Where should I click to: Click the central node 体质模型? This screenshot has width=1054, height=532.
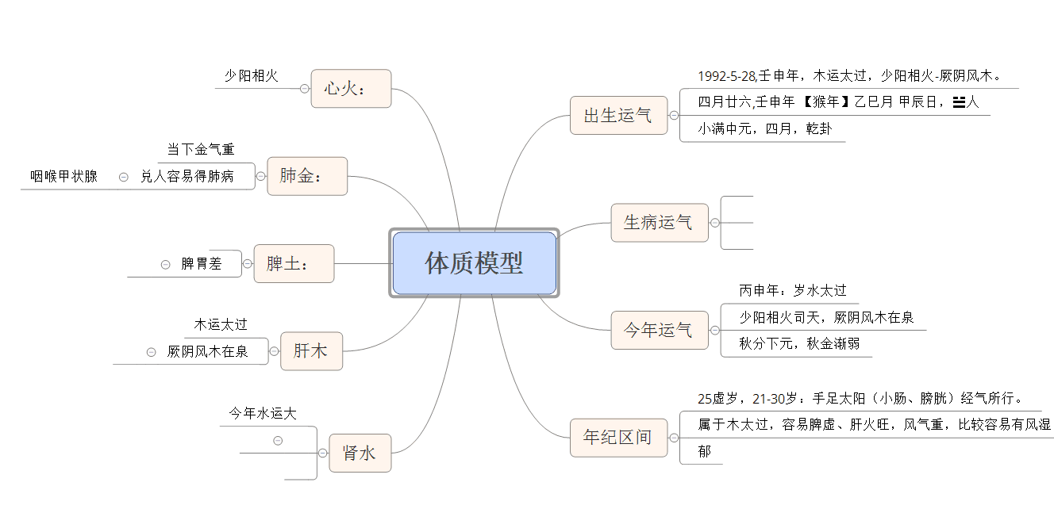(474, 263)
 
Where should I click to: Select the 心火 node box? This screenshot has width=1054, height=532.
(351, 88)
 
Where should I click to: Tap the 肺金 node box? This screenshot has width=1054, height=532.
(307, 176)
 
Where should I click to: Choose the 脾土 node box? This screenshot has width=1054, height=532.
(294, 264)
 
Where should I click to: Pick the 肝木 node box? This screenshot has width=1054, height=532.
(311, 351)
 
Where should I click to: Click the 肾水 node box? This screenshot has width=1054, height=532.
(360, 453)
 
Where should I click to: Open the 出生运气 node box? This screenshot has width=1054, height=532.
(619, 115)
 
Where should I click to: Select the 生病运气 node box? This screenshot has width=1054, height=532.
(660, 223)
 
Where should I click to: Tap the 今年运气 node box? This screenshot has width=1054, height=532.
(660, 330)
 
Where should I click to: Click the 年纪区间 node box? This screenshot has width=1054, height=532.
(619, 438)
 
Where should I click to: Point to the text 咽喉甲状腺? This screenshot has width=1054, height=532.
(63, 176)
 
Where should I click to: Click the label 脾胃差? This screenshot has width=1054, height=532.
(202, 264)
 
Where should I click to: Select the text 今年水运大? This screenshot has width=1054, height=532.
(263, 414)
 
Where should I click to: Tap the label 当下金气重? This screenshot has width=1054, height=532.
(201, 149)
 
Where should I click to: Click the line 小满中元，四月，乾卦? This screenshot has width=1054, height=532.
(764, 128)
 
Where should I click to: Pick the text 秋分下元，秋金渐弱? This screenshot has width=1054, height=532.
(799, 343)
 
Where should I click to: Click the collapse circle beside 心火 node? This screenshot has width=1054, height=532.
(305, 88)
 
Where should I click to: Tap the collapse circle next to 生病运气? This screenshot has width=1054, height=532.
(715, 223)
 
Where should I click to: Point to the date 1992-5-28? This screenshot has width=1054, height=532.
(726, 75)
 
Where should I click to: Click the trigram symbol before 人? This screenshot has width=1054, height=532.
(959, 102)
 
